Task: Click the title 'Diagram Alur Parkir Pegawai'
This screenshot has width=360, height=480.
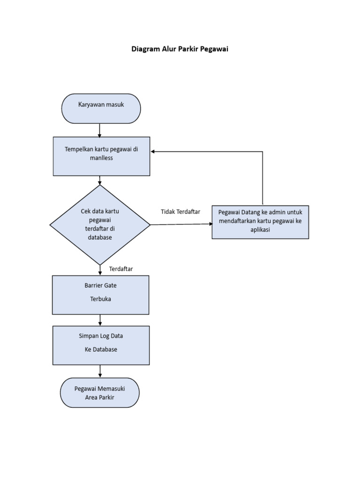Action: tap(180, 49)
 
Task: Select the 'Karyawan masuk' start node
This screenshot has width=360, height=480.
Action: tap(101, 108)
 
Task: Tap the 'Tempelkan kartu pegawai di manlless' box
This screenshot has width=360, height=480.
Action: tap(101, 156)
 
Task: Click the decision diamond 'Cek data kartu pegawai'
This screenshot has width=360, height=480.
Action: tap(100, 225)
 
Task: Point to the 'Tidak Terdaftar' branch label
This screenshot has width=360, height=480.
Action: tap(180, 212)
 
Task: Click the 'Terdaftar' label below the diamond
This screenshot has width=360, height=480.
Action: tap(121, 269)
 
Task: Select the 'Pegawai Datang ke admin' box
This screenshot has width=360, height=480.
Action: tap(260, 222)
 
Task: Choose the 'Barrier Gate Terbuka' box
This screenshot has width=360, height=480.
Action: tap(100, 294)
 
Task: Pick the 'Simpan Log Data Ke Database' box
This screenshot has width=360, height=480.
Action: tap(101, 345)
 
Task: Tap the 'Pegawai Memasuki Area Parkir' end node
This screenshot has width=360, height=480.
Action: tap(100, 393)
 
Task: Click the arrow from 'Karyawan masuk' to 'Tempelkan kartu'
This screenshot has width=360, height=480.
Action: tap(100, 130)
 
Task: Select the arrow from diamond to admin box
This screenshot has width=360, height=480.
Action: tap(181, 224)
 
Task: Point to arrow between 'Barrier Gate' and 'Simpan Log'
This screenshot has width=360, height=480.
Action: tap(100, 320)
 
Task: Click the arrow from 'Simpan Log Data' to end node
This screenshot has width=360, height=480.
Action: tap(100, 371)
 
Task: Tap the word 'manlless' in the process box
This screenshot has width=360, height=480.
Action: tap(101, 158)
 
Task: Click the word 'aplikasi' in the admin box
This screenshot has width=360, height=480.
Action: tap(260, 230)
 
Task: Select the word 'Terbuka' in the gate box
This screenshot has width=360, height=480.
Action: tap(100, 299)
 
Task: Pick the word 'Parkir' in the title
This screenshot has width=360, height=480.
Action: tap(188, 49)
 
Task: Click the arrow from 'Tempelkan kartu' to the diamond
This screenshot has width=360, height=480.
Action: tap(100, 180)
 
